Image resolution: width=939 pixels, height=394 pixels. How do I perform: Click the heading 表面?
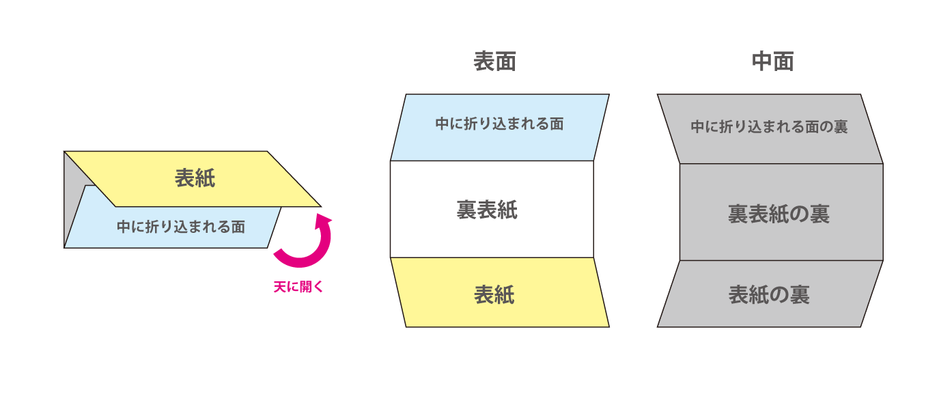point(494,61)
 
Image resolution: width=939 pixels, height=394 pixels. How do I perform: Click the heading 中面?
point(772,61)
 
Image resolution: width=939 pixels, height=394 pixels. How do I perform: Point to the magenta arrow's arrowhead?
point(324,221)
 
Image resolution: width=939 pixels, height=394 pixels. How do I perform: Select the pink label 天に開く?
point(298,287)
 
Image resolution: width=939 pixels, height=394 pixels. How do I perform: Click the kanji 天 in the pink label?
point(280,287)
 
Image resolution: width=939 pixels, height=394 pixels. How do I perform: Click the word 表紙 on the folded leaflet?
point(195,178)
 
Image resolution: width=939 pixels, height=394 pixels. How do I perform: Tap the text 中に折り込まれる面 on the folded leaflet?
point(181,227)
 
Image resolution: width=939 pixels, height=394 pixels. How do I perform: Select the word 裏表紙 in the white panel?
point(487,210)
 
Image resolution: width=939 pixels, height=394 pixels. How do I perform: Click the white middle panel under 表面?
point(492,209)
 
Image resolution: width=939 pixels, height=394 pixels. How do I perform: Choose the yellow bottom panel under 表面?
point(500,292)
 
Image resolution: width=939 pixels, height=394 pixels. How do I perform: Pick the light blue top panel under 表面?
point(500,128)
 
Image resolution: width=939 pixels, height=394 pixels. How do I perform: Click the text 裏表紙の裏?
point(779,214)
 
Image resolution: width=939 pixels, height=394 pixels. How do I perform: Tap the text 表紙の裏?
point(769,295)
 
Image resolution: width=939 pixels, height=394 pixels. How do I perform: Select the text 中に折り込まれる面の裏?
point(769,126)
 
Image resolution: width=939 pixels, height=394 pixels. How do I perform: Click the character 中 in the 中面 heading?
point(762,61)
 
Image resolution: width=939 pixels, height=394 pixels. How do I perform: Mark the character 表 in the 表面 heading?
point(484,61)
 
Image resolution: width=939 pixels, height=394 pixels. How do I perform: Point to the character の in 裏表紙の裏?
point(800,214)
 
